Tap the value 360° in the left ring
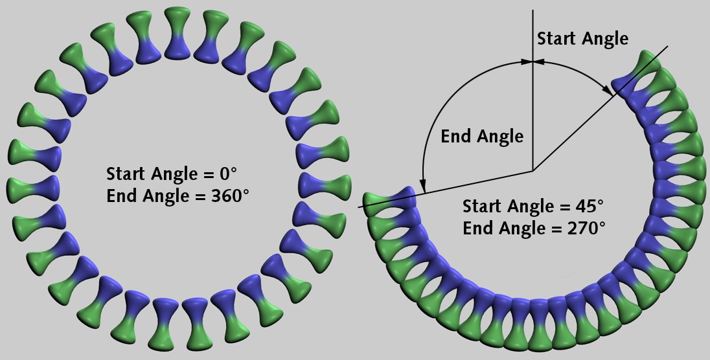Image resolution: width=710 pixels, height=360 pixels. pos(230,195)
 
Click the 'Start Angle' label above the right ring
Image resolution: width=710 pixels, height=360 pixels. pos(582,39)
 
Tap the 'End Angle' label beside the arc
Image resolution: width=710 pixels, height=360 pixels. pos(481,137)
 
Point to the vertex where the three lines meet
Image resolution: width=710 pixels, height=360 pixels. pos(532,171)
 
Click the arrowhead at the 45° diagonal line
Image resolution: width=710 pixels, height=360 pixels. pos(609,91)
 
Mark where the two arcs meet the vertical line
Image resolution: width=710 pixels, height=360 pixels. pos(532,62)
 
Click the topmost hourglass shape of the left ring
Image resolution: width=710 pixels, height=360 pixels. pos(176,35)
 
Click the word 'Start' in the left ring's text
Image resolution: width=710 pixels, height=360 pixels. pos(126,174)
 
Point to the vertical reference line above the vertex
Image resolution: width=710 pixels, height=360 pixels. pos(532,117)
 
